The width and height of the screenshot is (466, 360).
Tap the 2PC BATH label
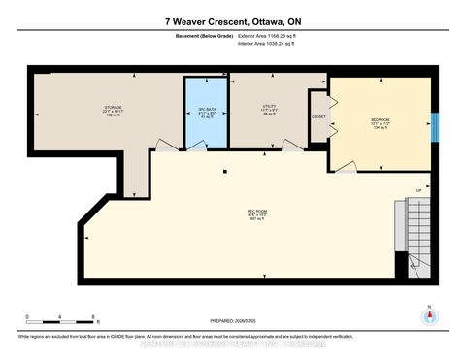(x=205, y=109)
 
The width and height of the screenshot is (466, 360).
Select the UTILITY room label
(x=270, y=107)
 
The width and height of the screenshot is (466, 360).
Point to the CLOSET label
(x=317, y=115)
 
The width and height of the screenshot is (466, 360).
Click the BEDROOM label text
(x=382, y=120)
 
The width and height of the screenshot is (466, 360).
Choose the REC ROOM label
(x=257, y=212)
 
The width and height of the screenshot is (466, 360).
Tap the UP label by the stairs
(x=418, y=189)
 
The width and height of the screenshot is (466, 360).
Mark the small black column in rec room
(x=224, y=174)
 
